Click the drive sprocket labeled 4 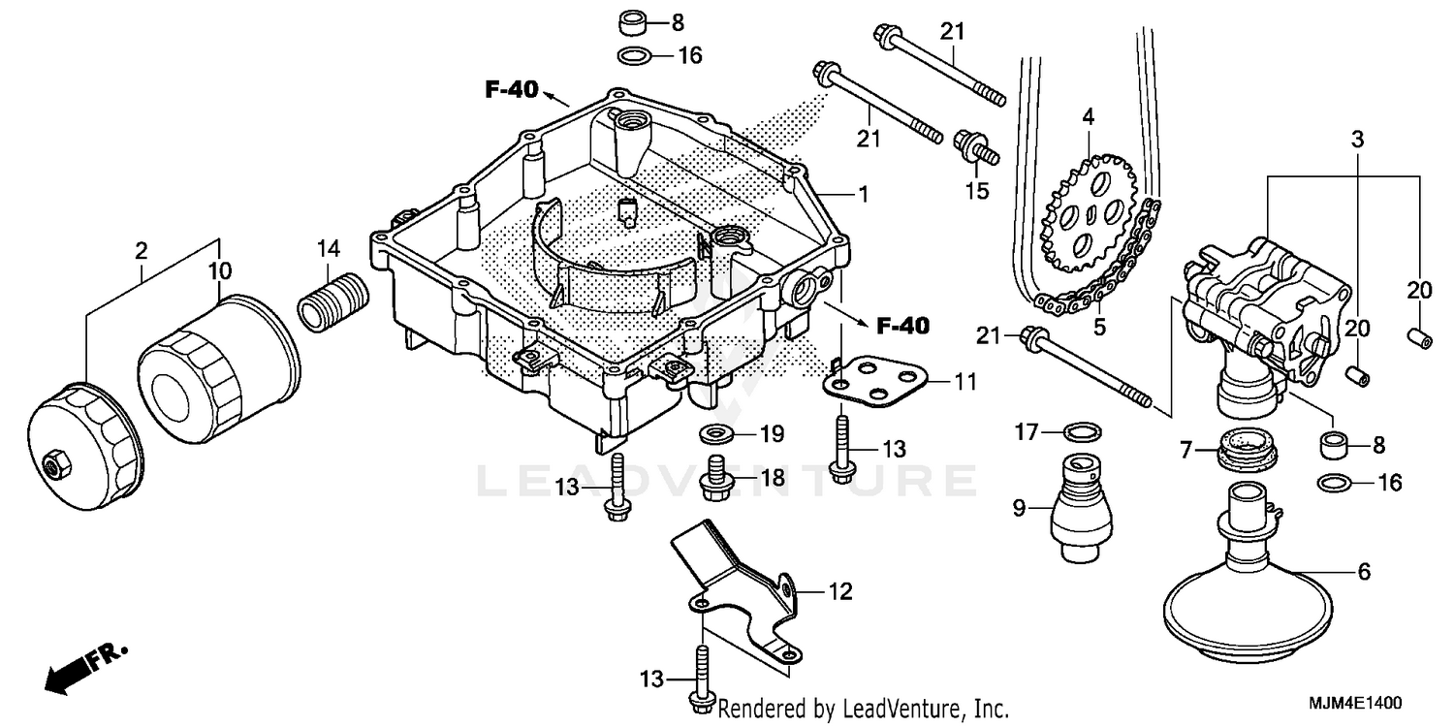pos(1088,207)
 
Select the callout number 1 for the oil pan pos(862,194)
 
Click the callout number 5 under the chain pos(1098,327)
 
